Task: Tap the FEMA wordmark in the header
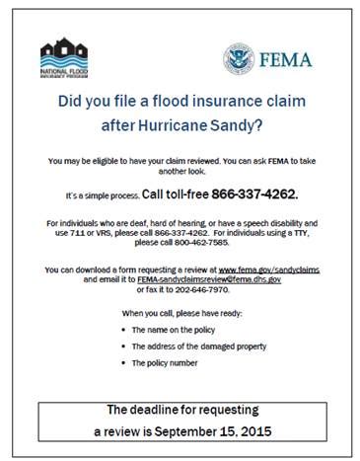click(x=285, y=60)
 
